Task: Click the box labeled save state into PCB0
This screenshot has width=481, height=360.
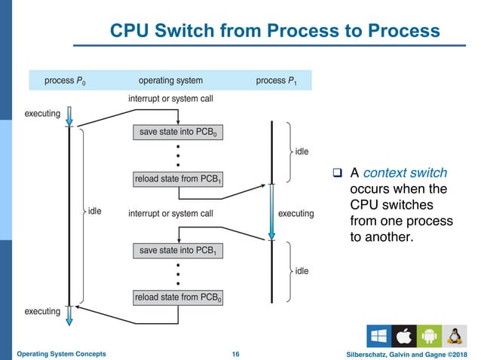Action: pyautogui.click(x=178, y=133)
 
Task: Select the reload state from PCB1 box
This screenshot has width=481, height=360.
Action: pyautogui.click(x=178, y=178)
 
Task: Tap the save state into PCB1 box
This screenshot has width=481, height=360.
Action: pyautogui.click(x=178, y=249)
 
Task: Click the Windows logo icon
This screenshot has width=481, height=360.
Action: pyautogui.click(x=378, y=336)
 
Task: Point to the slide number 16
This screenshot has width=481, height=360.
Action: pyautogui.click(x=235, y=353)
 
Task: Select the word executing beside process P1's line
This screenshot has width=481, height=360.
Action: pyautogui.click(x=296, y=214)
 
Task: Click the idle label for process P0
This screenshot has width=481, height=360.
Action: pyautogui.click(x=95, y=211)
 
